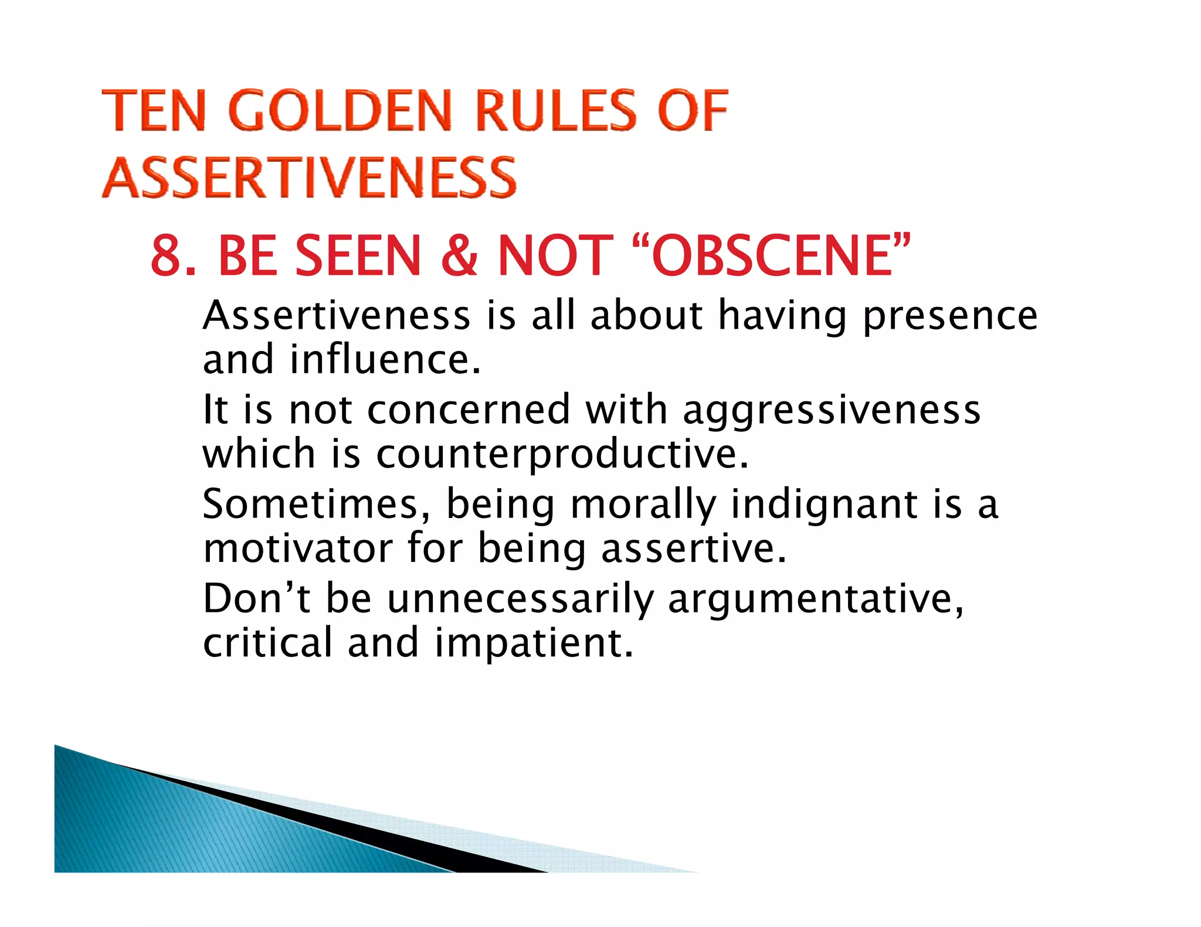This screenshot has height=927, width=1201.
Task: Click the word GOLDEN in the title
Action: [x=340, y=111]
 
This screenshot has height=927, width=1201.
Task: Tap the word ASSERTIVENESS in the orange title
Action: [x=309, y=178]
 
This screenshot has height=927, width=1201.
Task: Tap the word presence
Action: [x=950, y=316]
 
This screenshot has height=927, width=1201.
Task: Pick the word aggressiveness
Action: [x=832, y=410]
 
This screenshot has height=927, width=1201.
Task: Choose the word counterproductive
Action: [x=561, y=454]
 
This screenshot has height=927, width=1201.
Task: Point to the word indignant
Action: [x=824, y=505]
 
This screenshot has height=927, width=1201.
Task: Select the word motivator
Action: [x=298, y=548]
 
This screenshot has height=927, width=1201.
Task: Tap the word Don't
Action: [x=256, y=599]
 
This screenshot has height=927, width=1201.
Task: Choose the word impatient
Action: [x=534, y=643]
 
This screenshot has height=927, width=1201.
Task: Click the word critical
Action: [x=267, y=643]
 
